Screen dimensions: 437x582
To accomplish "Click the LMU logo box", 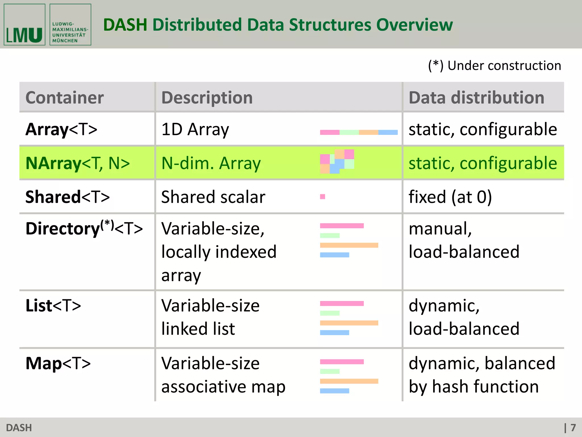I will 24,25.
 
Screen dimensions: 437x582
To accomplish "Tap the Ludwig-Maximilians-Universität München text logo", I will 70,25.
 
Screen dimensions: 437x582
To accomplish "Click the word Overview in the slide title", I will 414,25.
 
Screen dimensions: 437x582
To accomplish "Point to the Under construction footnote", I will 494,66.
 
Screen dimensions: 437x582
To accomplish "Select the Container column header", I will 65,98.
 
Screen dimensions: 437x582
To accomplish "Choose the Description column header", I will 207,98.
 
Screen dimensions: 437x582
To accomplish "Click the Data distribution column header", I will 476,98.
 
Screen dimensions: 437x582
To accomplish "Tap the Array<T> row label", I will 61,129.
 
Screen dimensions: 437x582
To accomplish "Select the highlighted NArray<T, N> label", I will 78,163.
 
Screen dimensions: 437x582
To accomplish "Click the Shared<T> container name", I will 67,197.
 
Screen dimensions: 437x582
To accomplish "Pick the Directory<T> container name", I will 84,228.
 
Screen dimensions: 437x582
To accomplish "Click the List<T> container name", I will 53,306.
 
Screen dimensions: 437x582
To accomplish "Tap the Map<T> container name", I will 58,363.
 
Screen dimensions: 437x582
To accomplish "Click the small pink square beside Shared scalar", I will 323,197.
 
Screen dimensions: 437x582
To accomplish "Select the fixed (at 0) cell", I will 450,197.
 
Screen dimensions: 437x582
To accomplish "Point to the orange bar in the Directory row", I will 349,245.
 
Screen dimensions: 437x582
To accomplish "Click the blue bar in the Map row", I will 334,391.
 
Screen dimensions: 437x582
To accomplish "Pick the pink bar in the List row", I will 342,304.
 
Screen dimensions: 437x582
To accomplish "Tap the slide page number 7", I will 573,428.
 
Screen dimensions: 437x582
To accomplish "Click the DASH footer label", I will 19,428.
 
